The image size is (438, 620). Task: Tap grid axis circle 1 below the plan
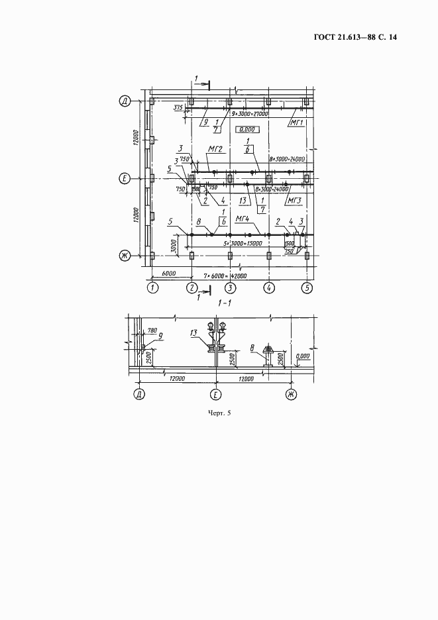pos(154,287)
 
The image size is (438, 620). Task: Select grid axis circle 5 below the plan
pos(307,287)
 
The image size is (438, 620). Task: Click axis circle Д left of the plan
pos(123,101)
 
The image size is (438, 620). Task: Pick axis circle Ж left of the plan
pos(123,255)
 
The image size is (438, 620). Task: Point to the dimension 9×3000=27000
pos(249,113)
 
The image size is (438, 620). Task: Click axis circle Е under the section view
pos(215,395)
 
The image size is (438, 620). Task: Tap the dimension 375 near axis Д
pos(178,106)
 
